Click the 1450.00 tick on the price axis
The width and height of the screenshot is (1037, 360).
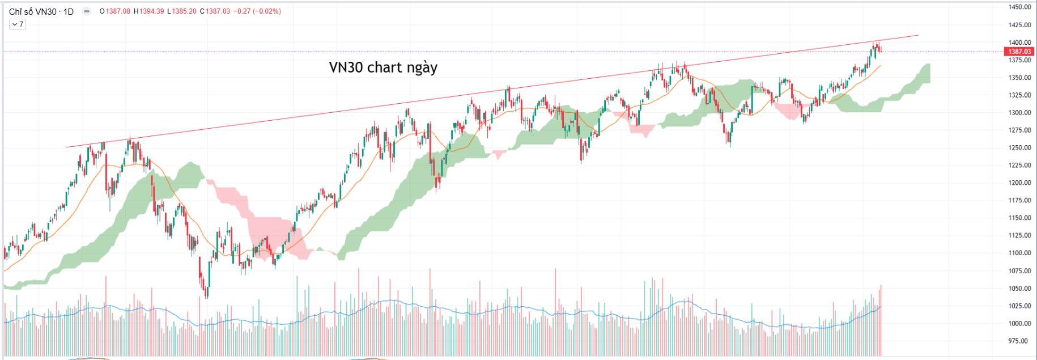point(1019,7)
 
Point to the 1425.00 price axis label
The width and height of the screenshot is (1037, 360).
point(1019,25)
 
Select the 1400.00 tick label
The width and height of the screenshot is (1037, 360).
point(1019,43)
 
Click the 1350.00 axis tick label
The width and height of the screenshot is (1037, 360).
point(1019,78)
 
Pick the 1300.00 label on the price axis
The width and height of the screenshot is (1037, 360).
point(1019,113)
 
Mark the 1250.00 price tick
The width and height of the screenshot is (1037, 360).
point(1019,148)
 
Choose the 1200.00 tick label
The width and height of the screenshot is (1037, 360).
point(1019,183)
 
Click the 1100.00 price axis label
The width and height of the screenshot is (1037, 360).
point(1019,253)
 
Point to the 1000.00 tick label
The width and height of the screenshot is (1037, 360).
point(1019,324)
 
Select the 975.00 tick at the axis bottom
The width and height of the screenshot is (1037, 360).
point(1018,341)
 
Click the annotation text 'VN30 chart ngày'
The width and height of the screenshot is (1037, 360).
point(383,67)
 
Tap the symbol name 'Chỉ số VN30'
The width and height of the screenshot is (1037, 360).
point(33,11)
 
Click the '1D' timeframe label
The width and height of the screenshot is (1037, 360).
point(68,11)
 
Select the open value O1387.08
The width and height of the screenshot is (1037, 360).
point(115,11)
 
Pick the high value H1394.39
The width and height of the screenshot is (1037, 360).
point(149,11)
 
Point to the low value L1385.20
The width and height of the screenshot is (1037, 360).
point(182,11)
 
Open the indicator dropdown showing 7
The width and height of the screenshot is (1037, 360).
point(18,24)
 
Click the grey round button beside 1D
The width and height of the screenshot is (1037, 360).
point(87,11)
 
